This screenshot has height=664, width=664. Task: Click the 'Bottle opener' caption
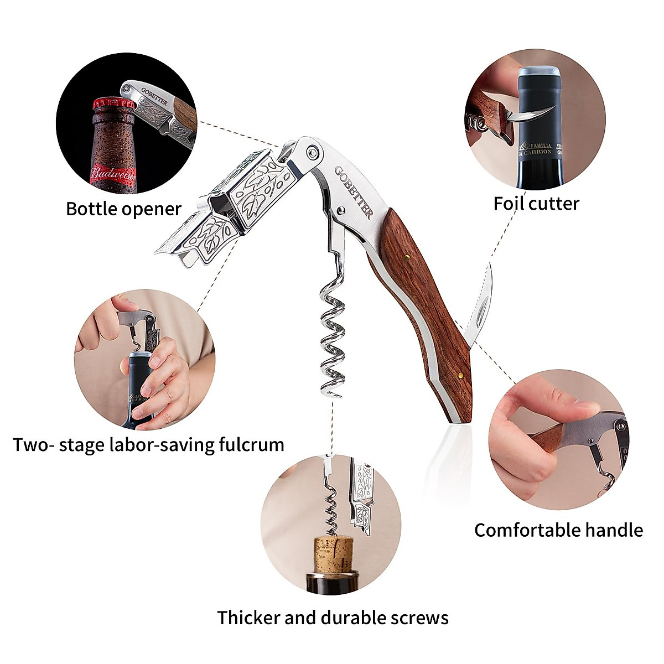click(123, 209)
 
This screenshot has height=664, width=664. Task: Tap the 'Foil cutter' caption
click(536, 203)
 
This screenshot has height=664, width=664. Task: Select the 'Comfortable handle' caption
click(558, 530)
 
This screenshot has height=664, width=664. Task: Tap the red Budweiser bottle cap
click(108, 104)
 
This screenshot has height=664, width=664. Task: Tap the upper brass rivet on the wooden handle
click(407, 256)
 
